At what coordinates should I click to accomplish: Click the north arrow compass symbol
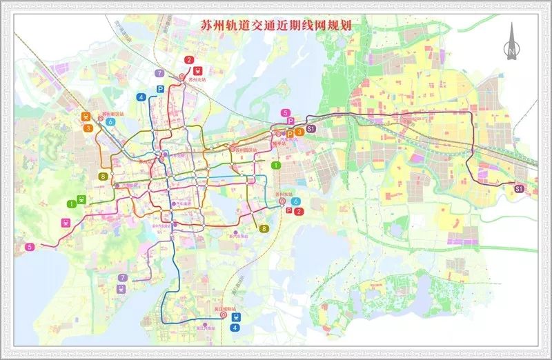tap(511, 41)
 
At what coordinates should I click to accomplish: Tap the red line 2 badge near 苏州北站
tap(188, 60)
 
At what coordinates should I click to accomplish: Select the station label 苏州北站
tap(197, 80)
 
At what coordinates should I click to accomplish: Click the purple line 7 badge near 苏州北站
tap(159, 73)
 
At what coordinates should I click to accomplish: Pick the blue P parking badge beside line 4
tap(160, 89)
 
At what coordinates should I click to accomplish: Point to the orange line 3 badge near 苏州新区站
tap(88, 128)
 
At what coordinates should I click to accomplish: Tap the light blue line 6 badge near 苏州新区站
tap(110, 121)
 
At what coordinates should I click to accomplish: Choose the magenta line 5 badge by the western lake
tap(29, 246)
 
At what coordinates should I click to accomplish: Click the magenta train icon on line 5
tap(66, 222)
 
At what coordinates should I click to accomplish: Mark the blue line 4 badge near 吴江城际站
tap(237, 328)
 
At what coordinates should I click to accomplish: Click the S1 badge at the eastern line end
tap(519, 188)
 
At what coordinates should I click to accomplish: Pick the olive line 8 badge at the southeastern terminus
tap(264, 228)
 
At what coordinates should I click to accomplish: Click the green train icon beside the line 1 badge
tap(83, 200)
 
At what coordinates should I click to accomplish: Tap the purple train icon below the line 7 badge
tap(121, 290)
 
